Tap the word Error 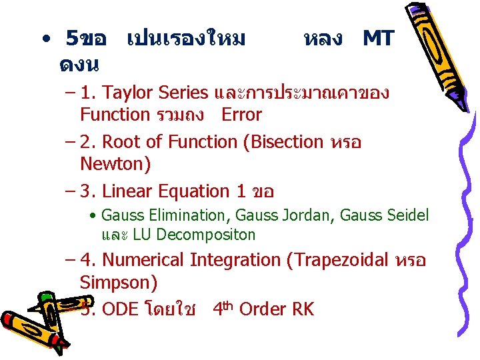(x=241, y=115)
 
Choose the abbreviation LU (x=141, y=235)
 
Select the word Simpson (x=117, y=282)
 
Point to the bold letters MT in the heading (x=378, y=39)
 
